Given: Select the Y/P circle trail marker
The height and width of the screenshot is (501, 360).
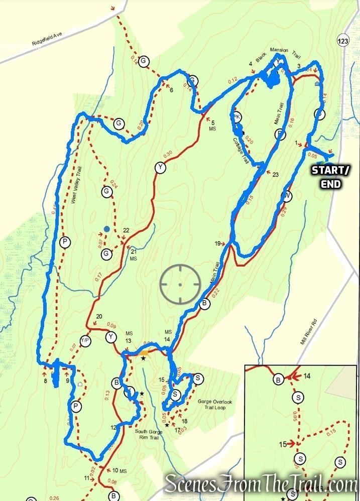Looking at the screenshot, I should [85, 341].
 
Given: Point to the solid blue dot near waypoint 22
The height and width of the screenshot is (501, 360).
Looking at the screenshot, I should [106, 229].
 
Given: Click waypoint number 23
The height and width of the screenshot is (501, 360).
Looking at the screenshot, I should [275, 174].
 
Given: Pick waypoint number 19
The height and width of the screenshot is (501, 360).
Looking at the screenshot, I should [217, 243].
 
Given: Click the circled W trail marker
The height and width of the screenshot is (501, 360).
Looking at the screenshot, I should [286, 195].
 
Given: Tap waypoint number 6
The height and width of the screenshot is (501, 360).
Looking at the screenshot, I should [171, 90].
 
